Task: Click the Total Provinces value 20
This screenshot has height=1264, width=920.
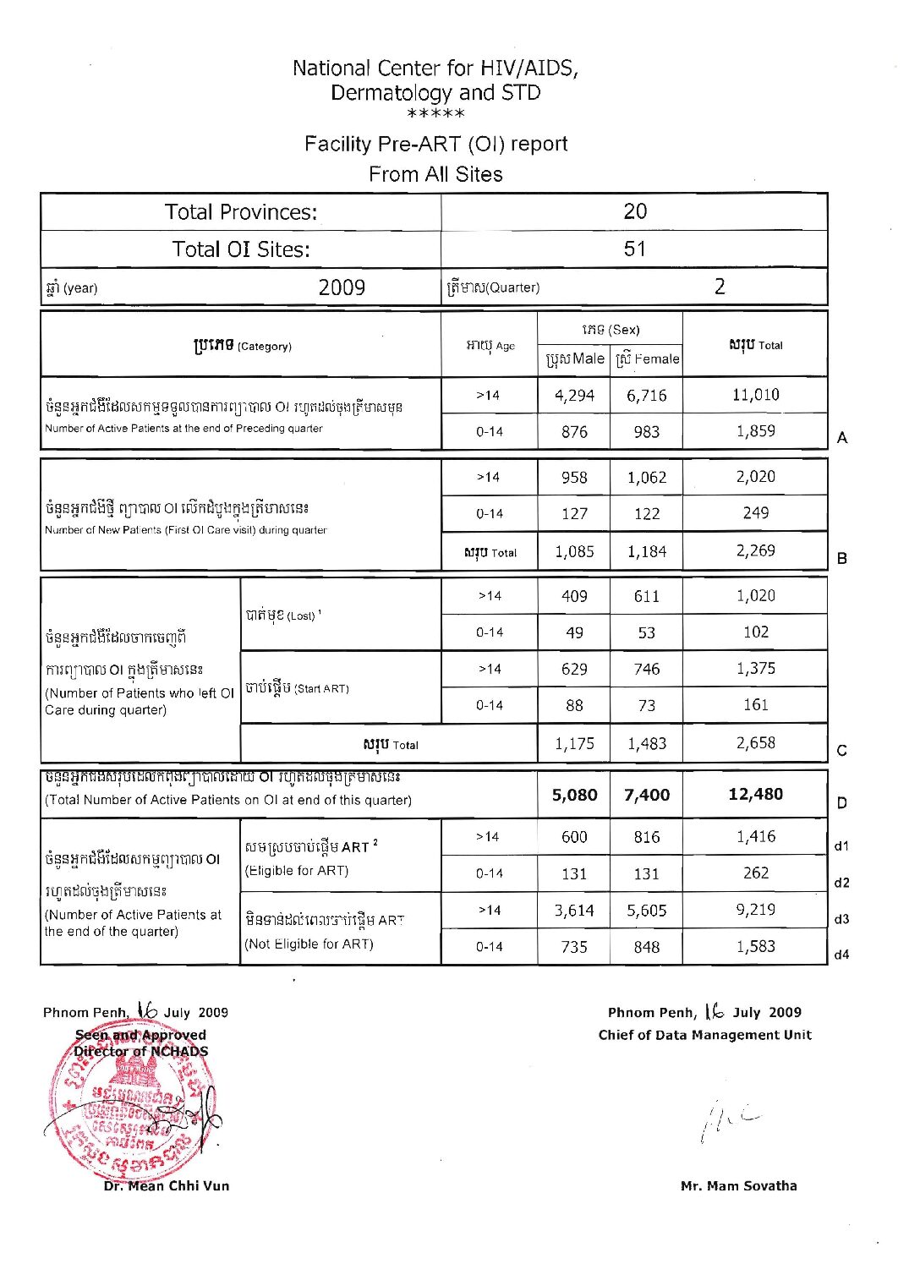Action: pos(635,211)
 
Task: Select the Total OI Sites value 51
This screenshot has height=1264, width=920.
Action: pos(635,249)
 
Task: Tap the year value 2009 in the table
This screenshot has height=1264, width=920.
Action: pos(342,287)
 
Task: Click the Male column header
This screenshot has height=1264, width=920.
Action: pos(575,358)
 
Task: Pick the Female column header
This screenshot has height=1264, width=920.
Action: pos(647,358)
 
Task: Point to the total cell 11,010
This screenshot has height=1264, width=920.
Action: pos(755,395)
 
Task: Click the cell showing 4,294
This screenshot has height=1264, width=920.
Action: pos(574,396)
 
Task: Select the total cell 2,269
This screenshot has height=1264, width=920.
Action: pos(755,550)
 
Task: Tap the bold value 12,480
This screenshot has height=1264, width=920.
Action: pos(755,794)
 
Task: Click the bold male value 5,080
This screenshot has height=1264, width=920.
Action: pos(574,795)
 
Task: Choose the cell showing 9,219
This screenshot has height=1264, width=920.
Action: pos(755,910)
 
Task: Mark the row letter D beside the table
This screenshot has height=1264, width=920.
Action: pos(841,803)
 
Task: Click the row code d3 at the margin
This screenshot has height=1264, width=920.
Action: pos(841,919)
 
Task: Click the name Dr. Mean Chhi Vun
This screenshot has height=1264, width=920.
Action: pos(166,1185)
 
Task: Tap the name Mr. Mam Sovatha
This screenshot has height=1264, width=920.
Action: pos(738,1185)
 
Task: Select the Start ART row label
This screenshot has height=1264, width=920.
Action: pos(297,688)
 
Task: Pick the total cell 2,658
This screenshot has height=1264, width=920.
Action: pos(755,743)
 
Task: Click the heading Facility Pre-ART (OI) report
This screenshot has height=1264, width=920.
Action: pos(435,144)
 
